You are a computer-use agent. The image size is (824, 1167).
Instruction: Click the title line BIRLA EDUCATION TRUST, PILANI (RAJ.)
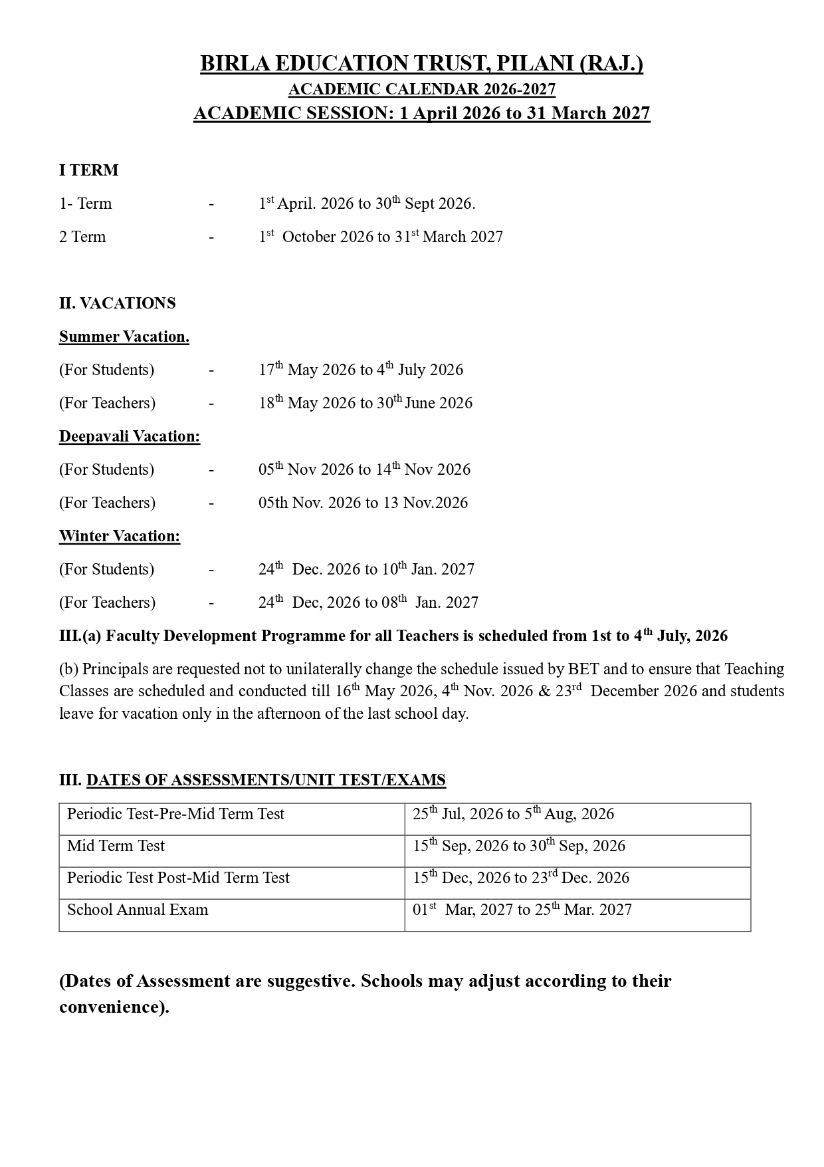click(x=421, y=64)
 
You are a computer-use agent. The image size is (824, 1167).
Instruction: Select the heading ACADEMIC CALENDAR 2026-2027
click(x=421, y=89)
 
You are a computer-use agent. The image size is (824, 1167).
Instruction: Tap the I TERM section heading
click(x=89, y=170)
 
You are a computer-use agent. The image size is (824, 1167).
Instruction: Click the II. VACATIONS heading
click(x=118, y=303)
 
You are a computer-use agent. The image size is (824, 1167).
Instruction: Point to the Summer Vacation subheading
click(x=124, y=336)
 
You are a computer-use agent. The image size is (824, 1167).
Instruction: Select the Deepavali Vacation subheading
click(x=130, y=436)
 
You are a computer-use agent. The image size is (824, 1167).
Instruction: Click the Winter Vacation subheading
click(x=120, y=536)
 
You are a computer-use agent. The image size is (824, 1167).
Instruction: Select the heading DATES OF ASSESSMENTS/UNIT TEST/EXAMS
click(x=266, y=780)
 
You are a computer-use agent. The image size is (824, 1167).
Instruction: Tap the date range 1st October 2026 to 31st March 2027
click(x=381, y=237)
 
